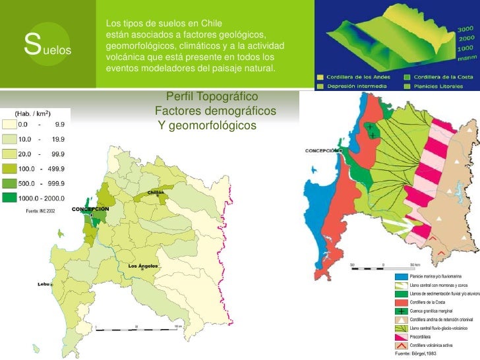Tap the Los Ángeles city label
pyautogui.click(x=142, y=266)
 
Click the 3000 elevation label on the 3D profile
pyautogui.click(x=465, y=30)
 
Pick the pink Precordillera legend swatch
pyautogui.click(x=402, y=336)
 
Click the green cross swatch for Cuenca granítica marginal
pyautogui.click(x=402, y=310)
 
